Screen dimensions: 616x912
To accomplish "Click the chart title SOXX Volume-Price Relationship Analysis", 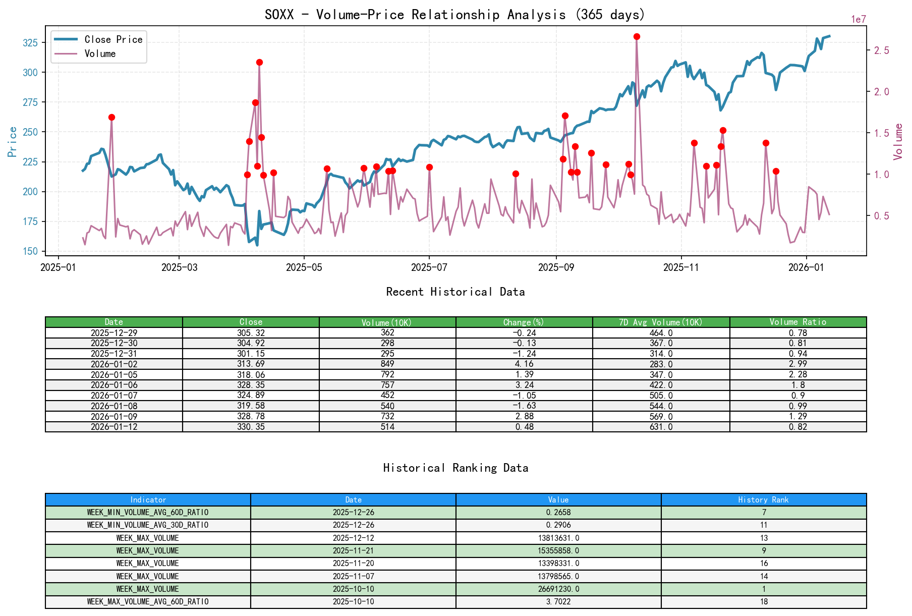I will point(455,14).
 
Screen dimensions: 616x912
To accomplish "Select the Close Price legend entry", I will point(113,39).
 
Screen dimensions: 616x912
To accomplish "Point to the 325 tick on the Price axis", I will point(30,42).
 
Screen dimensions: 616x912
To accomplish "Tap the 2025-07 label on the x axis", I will point(429,267).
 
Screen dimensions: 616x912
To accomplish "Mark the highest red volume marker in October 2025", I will point(637,36).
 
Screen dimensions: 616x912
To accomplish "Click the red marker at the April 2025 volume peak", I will point(259,62).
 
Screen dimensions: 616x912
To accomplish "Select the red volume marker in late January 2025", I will point(111,117).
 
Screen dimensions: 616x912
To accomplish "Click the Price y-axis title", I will point(12,142).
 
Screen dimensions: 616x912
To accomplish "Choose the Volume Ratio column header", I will point(797,322).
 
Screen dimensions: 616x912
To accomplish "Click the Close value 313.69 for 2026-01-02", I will point(251,364).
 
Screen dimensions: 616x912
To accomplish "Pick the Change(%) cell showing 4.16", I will point(524,364).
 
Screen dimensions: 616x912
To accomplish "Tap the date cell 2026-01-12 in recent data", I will point(114,427).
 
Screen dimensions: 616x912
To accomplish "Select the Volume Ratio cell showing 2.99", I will point(797,364).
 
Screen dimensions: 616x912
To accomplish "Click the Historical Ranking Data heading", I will point(455,468).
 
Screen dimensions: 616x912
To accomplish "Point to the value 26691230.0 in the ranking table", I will point(558,589).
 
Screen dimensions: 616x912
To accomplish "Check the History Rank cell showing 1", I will point(764,589).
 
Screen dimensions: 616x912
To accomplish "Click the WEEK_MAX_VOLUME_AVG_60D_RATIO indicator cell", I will point(148,601).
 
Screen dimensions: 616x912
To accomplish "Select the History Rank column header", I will point(763,499).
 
